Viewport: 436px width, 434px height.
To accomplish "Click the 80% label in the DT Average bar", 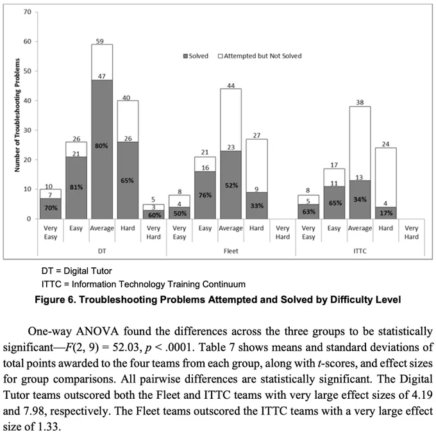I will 102,145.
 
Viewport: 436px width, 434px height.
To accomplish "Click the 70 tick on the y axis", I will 26,12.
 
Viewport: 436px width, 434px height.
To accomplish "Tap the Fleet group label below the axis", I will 231,251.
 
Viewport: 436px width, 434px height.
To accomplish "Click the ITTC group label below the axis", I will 359,251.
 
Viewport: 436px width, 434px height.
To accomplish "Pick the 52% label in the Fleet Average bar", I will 231,185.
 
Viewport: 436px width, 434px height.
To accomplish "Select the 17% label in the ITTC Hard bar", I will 385,213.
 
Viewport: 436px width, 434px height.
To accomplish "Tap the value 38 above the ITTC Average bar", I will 359,102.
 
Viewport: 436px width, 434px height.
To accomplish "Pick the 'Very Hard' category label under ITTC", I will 411,232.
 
